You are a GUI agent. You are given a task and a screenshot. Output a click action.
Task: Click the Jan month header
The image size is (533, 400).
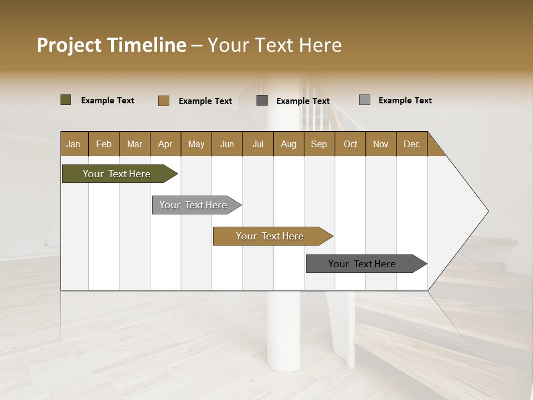[x=73, y=144]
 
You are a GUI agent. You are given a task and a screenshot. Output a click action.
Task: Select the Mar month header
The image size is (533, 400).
[x=134, y=144]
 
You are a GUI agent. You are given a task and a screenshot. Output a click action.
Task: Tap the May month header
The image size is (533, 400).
[x=196, y=144]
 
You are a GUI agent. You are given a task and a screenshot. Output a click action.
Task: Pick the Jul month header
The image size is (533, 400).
[x=258, y=144]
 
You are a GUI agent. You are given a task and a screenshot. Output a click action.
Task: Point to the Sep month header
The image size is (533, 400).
[x=319, y=144]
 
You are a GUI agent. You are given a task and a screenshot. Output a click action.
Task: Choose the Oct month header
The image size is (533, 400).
[x=350, y=144]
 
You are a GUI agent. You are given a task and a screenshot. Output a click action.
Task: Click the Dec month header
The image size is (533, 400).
[x=411, y=144]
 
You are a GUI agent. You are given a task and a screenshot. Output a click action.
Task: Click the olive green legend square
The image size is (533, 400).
[x=66, y=100]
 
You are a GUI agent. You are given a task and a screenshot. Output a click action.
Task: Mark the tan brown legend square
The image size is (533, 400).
[x=164, y=101]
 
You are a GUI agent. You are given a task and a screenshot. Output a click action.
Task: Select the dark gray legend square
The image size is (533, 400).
[x=262, y=101]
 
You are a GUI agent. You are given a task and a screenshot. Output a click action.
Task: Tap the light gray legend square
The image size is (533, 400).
[x=365, y=100]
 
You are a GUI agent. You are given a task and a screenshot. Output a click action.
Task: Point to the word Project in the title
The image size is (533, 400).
[x=69, y=45]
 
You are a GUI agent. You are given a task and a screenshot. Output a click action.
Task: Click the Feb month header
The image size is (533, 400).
[x=104, y=144]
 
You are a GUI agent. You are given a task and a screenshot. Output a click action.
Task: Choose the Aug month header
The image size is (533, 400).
[x=288, y=144]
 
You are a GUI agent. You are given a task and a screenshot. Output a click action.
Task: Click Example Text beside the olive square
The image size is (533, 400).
[x=108, y=101]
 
